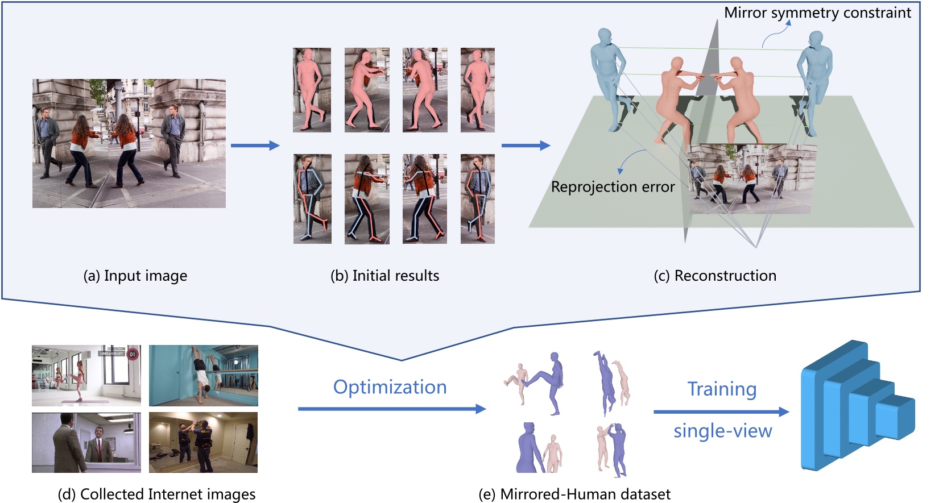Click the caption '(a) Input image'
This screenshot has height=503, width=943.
coord(135,276)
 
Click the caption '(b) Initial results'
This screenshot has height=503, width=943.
coord(384,276)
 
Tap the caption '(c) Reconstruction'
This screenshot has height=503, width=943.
coord(715,276)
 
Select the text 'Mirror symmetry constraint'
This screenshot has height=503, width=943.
coord(817,13)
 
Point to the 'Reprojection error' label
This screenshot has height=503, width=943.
coord(613,187)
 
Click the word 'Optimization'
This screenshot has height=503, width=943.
coord(390,387)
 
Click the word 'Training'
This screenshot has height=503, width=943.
coord(722,389)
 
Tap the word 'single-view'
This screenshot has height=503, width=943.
coord(722,431)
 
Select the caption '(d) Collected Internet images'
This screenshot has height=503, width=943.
coord(156,494)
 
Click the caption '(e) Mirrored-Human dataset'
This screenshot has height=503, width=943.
coord(574,494)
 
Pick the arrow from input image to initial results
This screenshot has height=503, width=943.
coord(255,146)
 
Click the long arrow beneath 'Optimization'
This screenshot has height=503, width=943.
coord(391,409)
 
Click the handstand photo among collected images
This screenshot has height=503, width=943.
coord(203,375)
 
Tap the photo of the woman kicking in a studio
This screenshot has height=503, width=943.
coord(86,375)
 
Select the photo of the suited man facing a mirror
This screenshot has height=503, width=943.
coord(86,442)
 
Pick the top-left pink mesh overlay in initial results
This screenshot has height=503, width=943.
coord(312,90)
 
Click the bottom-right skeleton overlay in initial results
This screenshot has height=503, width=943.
coord(477,199)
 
